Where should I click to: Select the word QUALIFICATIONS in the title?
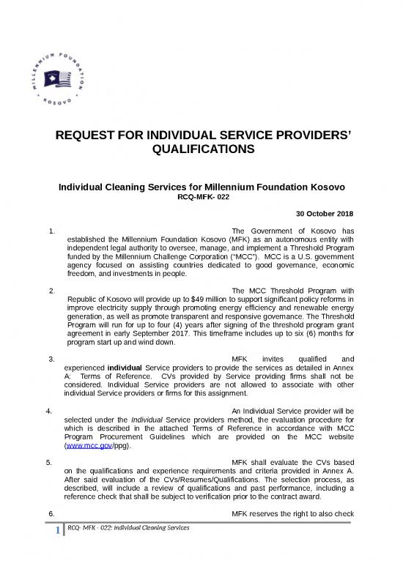[x=202, y=151]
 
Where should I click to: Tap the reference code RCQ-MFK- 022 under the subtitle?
[x=202, y=197]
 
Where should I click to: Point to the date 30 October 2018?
[x=325, y=214]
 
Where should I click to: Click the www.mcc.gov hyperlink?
[x=88, y=445]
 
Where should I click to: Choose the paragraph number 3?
[x=51, y=359]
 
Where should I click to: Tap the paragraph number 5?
[x=48, y=463]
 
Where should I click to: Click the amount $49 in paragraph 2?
[x=194, y=300]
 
